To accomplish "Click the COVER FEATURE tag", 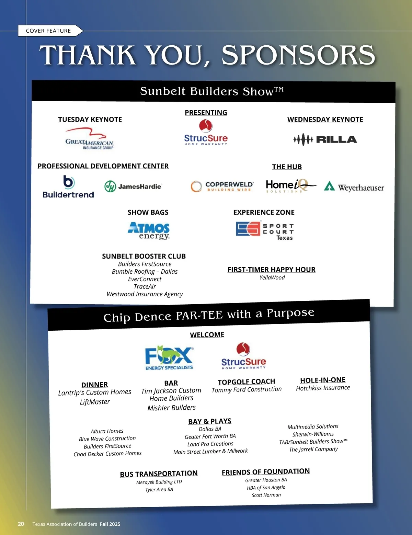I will [x=48, y=31].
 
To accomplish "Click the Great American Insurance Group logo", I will [x=90, y=139].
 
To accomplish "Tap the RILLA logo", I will [x=325, y=139].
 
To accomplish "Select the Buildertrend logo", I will [x=68, y=187].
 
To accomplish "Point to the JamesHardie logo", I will [x=133, y=186].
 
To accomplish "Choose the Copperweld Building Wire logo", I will [x=222, y=186].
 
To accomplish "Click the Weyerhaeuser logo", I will [x=354, y=187].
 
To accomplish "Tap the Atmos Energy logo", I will [x=149, y=231].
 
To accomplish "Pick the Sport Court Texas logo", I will [x=265, y=231].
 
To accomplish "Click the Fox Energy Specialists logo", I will [x=169, y=358].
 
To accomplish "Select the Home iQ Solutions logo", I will [x=290, y=186].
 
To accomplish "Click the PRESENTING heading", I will [x=206, y=113].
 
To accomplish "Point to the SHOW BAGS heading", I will [x=148, y=212].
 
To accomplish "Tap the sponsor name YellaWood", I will [x=272, y=277].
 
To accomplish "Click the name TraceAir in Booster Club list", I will [x=145, y=286].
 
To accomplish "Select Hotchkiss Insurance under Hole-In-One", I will [x=323, y=388].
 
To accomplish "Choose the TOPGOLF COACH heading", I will [x=247, y=382].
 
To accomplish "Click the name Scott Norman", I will [x=266, y=495].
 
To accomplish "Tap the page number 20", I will [x=21, y=524].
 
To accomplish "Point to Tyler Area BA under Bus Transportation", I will [x=159, y=490].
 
